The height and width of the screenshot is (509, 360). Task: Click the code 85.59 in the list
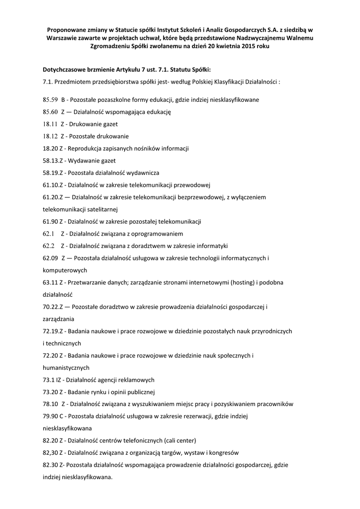51,100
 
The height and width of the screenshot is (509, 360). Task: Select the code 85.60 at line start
51,112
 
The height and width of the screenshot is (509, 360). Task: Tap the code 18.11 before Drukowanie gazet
50,124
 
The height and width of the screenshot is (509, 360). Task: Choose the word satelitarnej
106,209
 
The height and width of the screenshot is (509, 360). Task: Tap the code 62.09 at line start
51,258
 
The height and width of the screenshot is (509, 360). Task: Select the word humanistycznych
66,368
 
